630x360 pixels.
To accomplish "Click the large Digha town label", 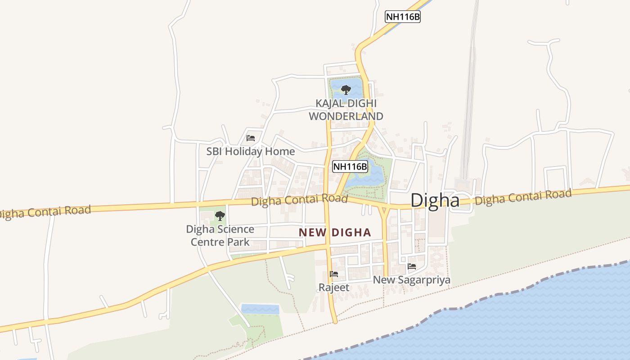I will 435,200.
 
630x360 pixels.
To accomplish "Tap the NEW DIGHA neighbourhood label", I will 335,233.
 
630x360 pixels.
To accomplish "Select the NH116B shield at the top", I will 403,17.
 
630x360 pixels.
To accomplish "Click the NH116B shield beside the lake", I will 350,166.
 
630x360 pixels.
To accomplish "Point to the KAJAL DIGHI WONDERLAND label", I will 346,110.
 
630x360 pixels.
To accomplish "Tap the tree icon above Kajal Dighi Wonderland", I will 346,90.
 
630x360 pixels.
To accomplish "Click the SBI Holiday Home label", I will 251,152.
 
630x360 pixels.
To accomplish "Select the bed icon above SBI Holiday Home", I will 251,138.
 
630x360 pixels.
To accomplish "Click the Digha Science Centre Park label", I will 220,235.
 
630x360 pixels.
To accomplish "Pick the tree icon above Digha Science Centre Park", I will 220,216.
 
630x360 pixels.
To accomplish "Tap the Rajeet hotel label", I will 334,287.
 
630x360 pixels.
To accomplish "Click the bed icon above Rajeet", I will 334,274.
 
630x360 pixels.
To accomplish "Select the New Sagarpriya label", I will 412,280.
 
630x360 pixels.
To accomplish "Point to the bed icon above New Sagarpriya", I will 412,266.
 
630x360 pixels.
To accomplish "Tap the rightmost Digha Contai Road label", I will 523,197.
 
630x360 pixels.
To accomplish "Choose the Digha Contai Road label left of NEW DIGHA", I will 299,200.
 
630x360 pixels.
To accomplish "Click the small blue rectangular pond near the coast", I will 260,309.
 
